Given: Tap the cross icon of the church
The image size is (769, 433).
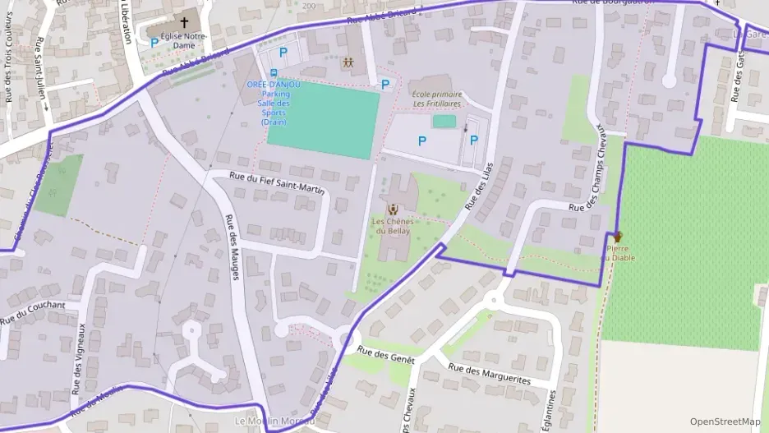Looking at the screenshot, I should point(184,23).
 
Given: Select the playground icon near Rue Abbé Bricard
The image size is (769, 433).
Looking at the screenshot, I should point(349,62).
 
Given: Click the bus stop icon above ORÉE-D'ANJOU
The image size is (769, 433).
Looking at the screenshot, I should point(273,73).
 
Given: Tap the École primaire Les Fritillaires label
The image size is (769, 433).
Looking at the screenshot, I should point(436,99).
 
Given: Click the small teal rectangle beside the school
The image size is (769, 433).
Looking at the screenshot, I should point(444,122).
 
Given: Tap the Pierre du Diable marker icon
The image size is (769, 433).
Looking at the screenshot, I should point(617,237).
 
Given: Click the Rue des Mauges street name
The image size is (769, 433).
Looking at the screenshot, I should point(231,246).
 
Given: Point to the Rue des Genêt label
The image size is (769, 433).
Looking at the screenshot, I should point(385,355).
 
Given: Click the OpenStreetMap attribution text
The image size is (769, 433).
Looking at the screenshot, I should point(725,421).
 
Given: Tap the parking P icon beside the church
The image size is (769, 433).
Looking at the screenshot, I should point(154,42).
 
